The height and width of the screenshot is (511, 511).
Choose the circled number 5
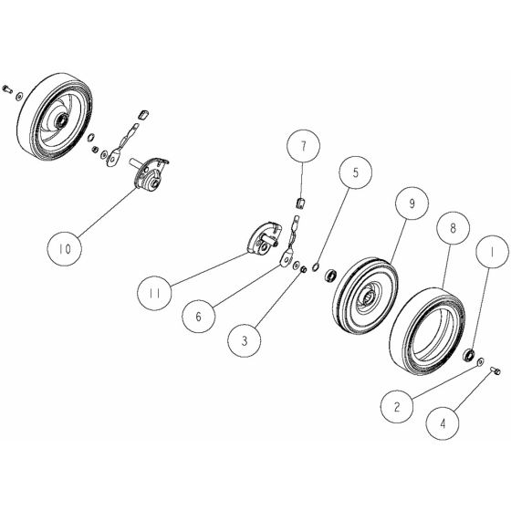tap(357, 172)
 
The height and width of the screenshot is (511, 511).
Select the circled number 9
tap(412, 204)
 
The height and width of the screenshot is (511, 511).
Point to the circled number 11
tap(156, 293)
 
